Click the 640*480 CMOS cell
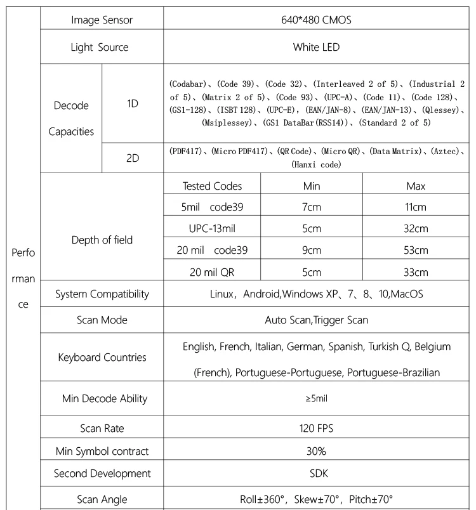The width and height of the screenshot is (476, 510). point(316,20)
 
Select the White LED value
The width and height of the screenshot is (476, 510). point(316,47)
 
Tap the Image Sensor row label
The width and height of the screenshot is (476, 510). point(102,20)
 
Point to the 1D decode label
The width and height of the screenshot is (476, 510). point(133,103)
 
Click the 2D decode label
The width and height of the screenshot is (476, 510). point(133,158)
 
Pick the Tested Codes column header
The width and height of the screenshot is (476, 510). point(212,186)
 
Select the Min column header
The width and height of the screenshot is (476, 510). point(311,186)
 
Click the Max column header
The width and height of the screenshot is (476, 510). point(416,186)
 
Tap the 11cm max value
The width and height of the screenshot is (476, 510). point(416,207)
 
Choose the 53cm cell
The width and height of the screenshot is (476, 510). point(416,250)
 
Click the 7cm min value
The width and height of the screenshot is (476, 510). point(311,207)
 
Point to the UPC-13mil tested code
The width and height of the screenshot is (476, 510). point(212,228)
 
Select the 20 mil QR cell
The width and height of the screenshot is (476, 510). point(212,272)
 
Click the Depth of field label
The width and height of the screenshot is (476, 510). point(102,240)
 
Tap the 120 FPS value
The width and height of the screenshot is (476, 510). point(316,428)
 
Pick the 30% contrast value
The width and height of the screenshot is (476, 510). point(316,451)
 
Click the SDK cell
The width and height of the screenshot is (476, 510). point(316,473)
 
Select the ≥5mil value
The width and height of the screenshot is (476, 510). point(316,398)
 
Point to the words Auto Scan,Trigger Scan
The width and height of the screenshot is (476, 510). point(316,320)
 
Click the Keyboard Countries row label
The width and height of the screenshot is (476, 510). point(102,357)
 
